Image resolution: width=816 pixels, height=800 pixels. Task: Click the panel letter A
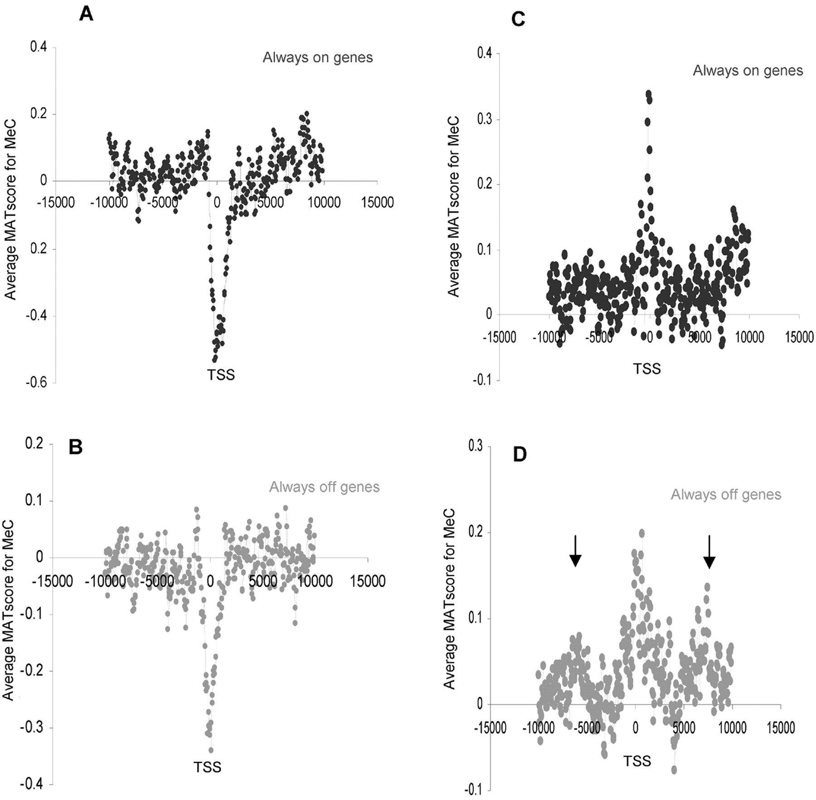click(86, 14)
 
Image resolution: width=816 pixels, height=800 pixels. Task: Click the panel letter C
click(518, 20)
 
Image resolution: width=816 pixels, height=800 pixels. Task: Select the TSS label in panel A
click(221, 375)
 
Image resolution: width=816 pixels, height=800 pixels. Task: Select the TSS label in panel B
click(207, 767)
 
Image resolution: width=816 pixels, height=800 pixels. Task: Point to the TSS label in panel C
click(646, 369)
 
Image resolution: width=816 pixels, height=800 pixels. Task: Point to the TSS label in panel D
click(637, 761)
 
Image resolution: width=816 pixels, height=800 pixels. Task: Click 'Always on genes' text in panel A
click(318, 58)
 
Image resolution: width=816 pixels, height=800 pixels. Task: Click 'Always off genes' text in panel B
click(324, 487)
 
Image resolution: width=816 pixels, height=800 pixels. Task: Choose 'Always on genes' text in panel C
click(748, 71)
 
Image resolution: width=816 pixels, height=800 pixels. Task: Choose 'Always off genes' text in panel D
click(726, 494)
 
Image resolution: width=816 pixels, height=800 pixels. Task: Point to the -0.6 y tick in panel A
click(37, 383)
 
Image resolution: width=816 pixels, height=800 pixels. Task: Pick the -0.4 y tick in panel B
click(30, 784)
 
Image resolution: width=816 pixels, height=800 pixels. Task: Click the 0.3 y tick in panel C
click(485, 119)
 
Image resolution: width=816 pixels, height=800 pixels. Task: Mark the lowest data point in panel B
click(211, 750)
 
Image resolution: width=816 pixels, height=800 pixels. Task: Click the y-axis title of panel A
click(10, 210)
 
